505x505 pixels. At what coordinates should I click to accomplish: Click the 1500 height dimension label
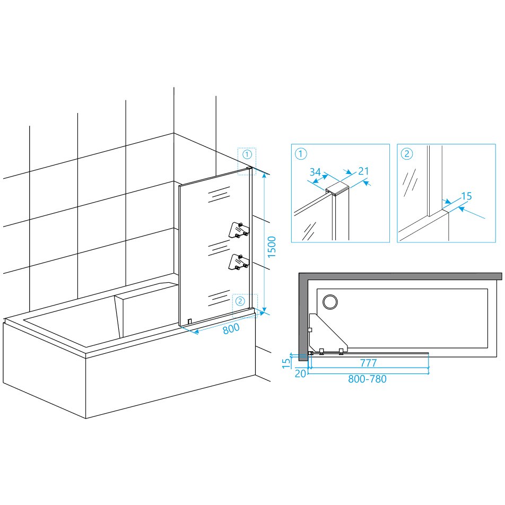[272, 247]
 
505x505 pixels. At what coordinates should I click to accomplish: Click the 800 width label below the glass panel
[231, 328]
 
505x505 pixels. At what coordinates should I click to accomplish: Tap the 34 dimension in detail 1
[315, 172]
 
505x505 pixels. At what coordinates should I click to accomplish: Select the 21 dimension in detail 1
[363, 171]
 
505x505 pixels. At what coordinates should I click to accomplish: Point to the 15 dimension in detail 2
[466, 196]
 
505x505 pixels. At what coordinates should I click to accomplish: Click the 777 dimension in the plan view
[368, 363]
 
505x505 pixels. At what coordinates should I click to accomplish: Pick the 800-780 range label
[367, 379]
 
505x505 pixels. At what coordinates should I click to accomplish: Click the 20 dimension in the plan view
[300, 373]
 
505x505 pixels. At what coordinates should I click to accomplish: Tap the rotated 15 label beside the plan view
[286, 363]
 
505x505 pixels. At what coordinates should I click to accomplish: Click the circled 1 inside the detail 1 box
[301, 154]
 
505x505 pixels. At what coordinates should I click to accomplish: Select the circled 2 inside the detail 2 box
[407, 154]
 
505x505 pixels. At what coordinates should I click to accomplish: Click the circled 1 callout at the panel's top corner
[247, 154]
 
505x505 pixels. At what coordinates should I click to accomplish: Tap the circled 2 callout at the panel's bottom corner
[240, 301]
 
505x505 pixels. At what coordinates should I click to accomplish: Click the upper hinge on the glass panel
[239, 230]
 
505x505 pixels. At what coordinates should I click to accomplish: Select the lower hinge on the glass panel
[239, 262]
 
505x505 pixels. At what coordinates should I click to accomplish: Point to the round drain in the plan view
[330, 302]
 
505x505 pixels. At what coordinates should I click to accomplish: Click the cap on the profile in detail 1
[337, 189]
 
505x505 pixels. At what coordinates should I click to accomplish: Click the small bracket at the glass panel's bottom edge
[190, 321]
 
